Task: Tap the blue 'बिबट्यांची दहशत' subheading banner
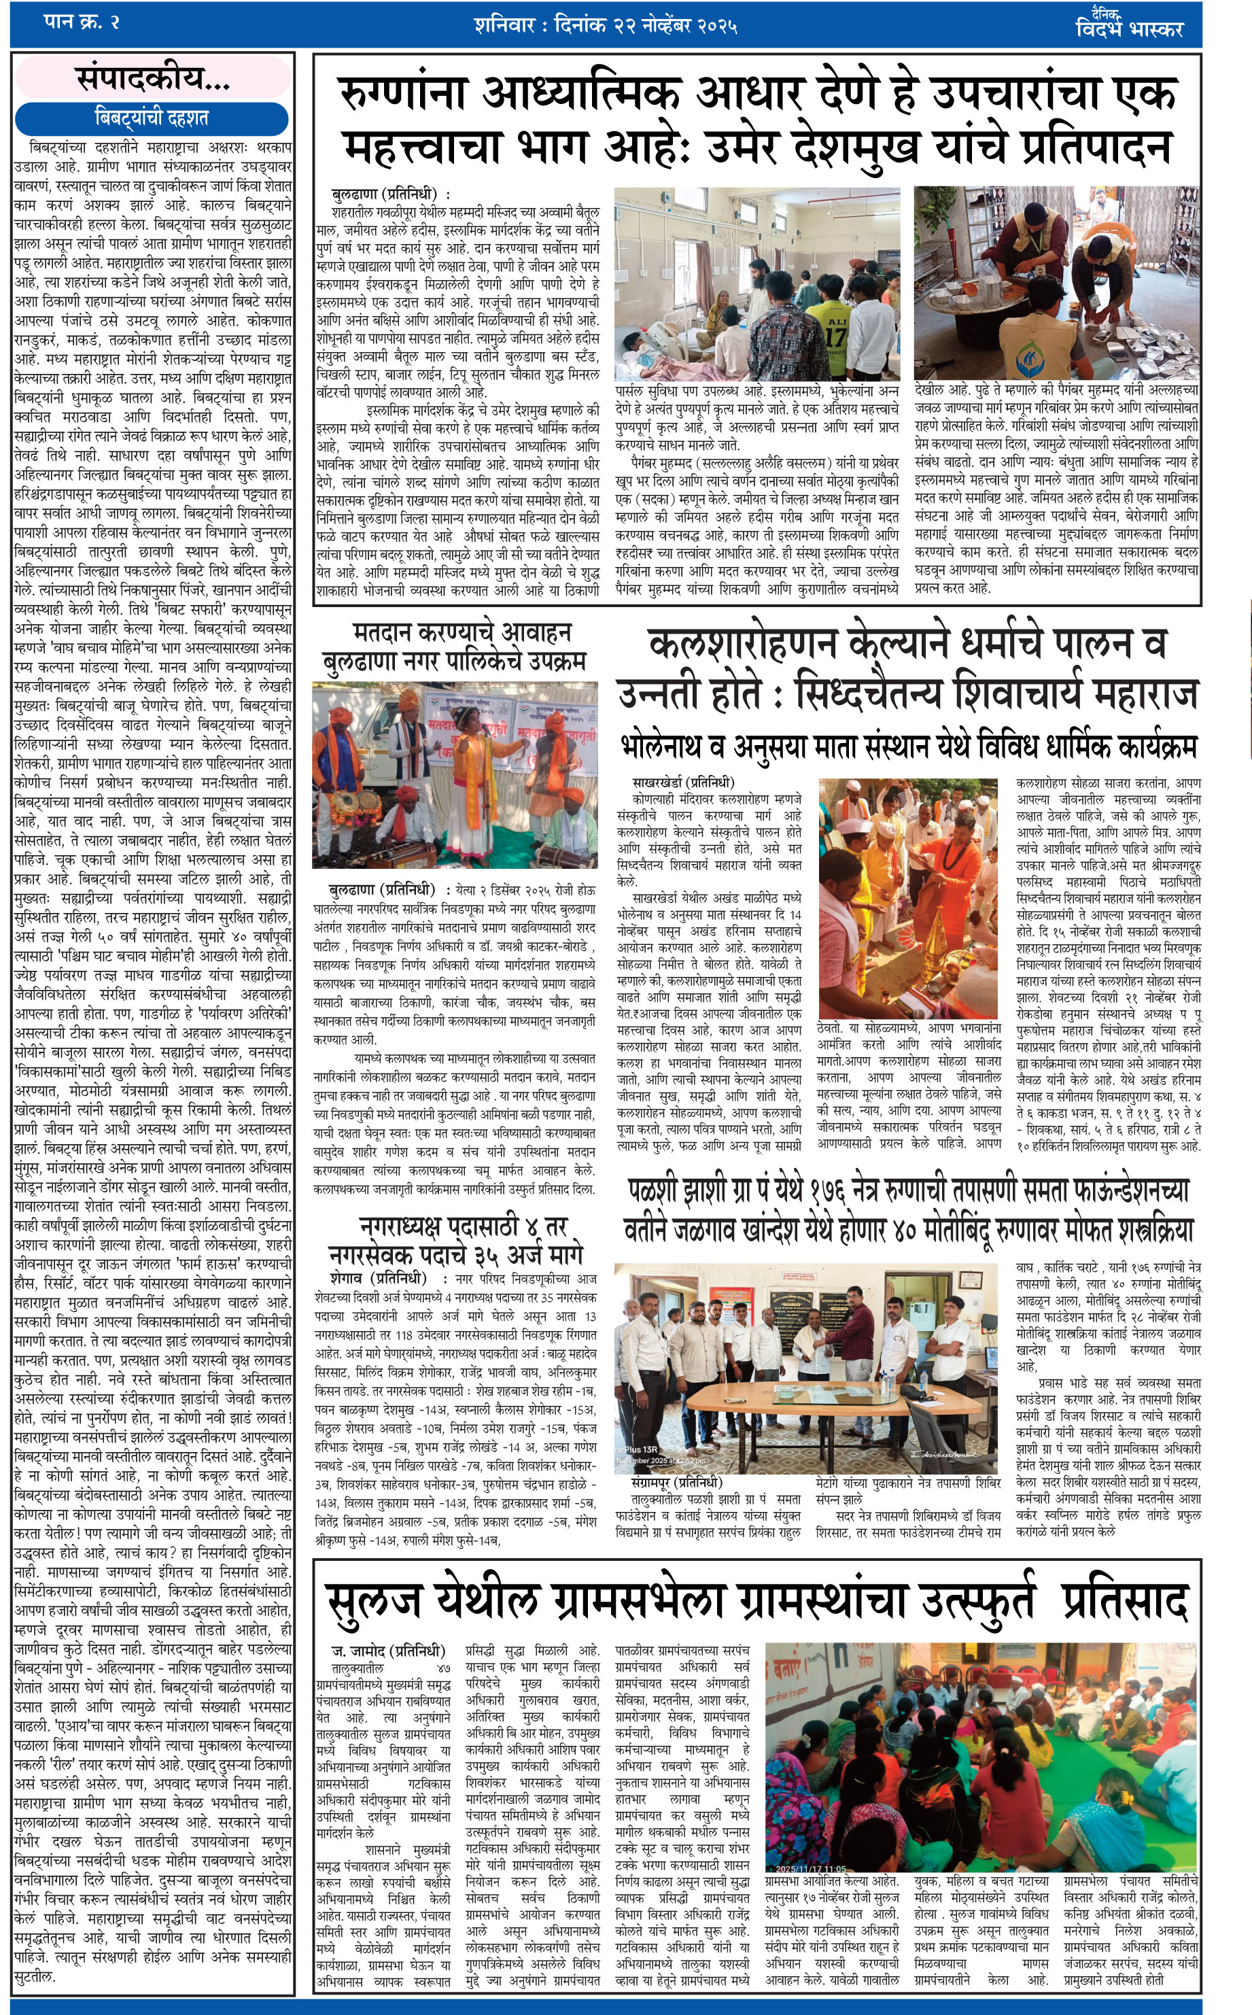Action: (x=152, y=118)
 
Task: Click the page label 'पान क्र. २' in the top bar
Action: (x=81, y=22)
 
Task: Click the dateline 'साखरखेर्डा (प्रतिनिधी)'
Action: (x=683, y=782)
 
